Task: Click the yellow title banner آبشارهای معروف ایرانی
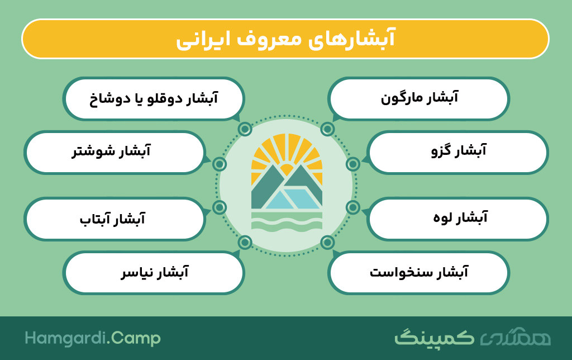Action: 285,39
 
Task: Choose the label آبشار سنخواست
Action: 418,272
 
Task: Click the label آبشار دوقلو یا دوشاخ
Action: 154,98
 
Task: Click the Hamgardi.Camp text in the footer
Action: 93,338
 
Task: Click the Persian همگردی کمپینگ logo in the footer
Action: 473,338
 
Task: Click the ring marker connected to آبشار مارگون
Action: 327,129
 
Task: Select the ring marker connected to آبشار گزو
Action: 353,164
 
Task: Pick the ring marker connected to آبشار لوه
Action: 353,207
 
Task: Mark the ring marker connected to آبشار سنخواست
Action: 327,243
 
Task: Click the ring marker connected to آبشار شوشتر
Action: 219,164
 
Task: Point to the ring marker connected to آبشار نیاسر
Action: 245,243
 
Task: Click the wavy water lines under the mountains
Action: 287,222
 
